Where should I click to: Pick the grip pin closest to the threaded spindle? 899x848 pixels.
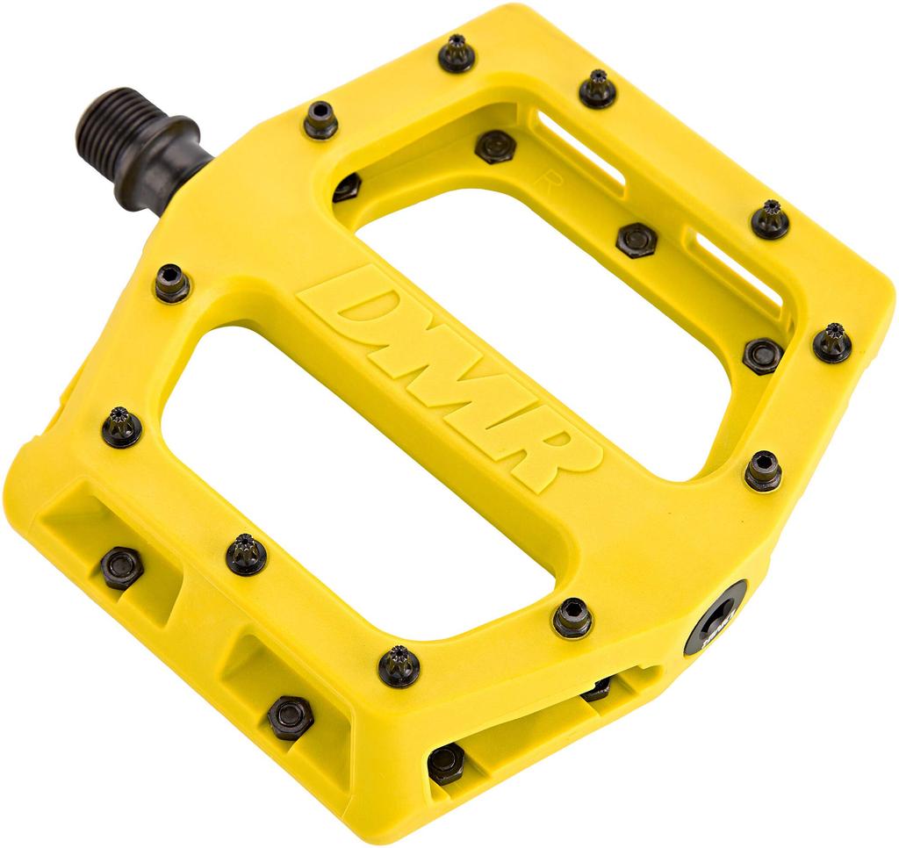[320, 119]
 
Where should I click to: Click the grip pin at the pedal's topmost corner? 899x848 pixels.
[457, 53]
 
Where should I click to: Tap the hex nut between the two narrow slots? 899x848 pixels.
[636, 239]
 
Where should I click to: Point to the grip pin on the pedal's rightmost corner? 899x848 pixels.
[831, 342]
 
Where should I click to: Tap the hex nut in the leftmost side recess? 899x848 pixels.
[121, 567]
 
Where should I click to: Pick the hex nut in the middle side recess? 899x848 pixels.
[290, 716]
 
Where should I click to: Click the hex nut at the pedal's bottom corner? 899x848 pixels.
[446, 763]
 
